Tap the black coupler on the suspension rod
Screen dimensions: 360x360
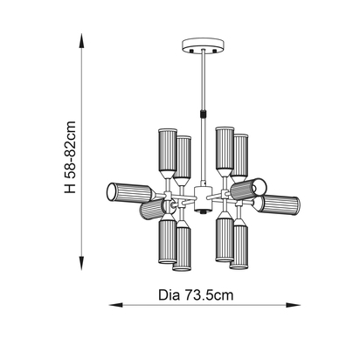[203, 114]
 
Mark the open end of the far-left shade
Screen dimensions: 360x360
[109, 190]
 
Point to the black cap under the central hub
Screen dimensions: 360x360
[203, 211]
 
